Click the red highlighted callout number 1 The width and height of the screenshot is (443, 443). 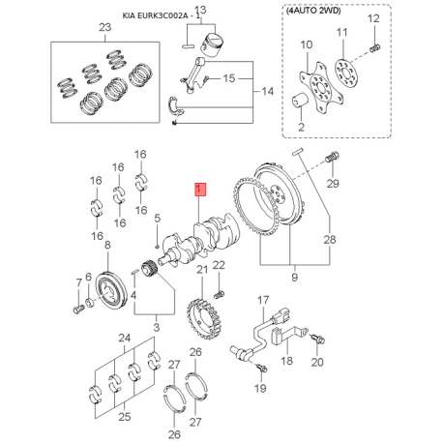click(199, 190)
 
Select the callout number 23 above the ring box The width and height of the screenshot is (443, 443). click(105, 27)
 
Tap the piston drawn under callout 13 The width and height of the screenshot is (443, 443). click(212, 44)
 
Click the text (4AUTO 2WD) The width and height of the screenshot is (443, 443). click(313, 11)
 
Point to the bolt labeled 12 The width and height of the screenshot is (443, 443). click(374, 48)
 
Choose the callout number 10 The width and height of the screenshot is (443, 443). click(307, 44)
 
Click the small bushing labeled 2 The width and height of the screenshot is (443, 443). click(300, 101)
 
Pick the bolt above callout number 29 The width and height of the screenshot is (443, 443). click(332, 158)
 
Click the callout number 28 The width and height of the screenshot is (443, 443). click(330, 240)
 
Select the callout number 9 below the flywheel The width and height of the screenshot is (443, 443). click(294, 277)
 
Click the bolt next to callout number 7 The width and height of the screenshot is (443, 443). click(78, 310)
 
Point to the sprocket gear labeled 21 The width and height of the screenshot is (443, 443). click(204, 319)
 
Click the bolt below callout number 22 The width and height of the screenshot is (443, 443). click(219, 294)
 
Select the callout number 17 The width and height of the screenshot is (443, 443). click(263, 300)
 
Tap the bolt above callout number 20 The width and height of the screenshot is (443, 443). click(318, 339)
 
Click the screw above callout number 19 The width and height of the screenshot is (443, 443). click(261, 368)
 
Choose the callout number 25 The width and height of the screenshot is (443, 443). click(125, 417)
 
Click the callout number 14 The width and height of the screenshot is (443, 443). click(268, 92)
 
